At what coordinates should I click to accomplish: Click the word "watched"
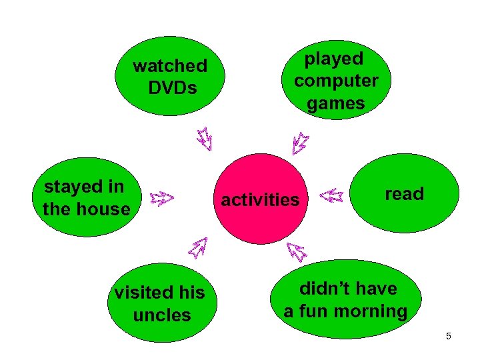pyautogui.click(x=170, y=66)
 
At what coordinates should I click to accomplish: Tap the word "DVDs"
pyautogui.click(x=173, y=87)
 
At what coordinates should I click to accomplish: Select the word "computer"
pyautogui.click(x=336, y=81)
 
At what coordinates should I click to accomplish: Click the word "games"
pyautogui.click(x=336, y=103)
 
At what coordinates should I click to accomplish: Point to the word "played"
pyautogui.click(x=334, y=59)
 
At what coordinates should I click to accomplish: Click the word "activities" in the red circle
pyautogui.click(x=260, y=199)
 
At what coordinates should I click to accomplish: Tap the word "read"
pyautogui.click(x=404, y=194)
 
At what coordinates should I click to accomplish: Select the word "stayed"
pyautogui.click(x=73, y=187)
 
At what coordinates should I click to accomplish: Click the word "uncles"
pyautogui.click(x=162, y=315)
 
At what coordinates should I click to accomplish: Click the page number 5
pyautogui.click(x=449, y=336)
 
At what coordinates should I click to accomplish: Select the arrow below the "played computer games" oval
pyautogui.click(x=300, y=141)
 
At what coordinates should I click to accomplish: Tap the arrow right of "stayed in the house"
pyautogui.click(x=161, y=197)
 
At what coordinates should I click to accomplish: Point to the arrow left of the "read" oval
pyautogui.click(x=331, y=196)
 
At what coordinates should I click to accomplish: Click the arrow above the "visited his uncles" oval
pyautogui.click(x=198, y=248)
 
